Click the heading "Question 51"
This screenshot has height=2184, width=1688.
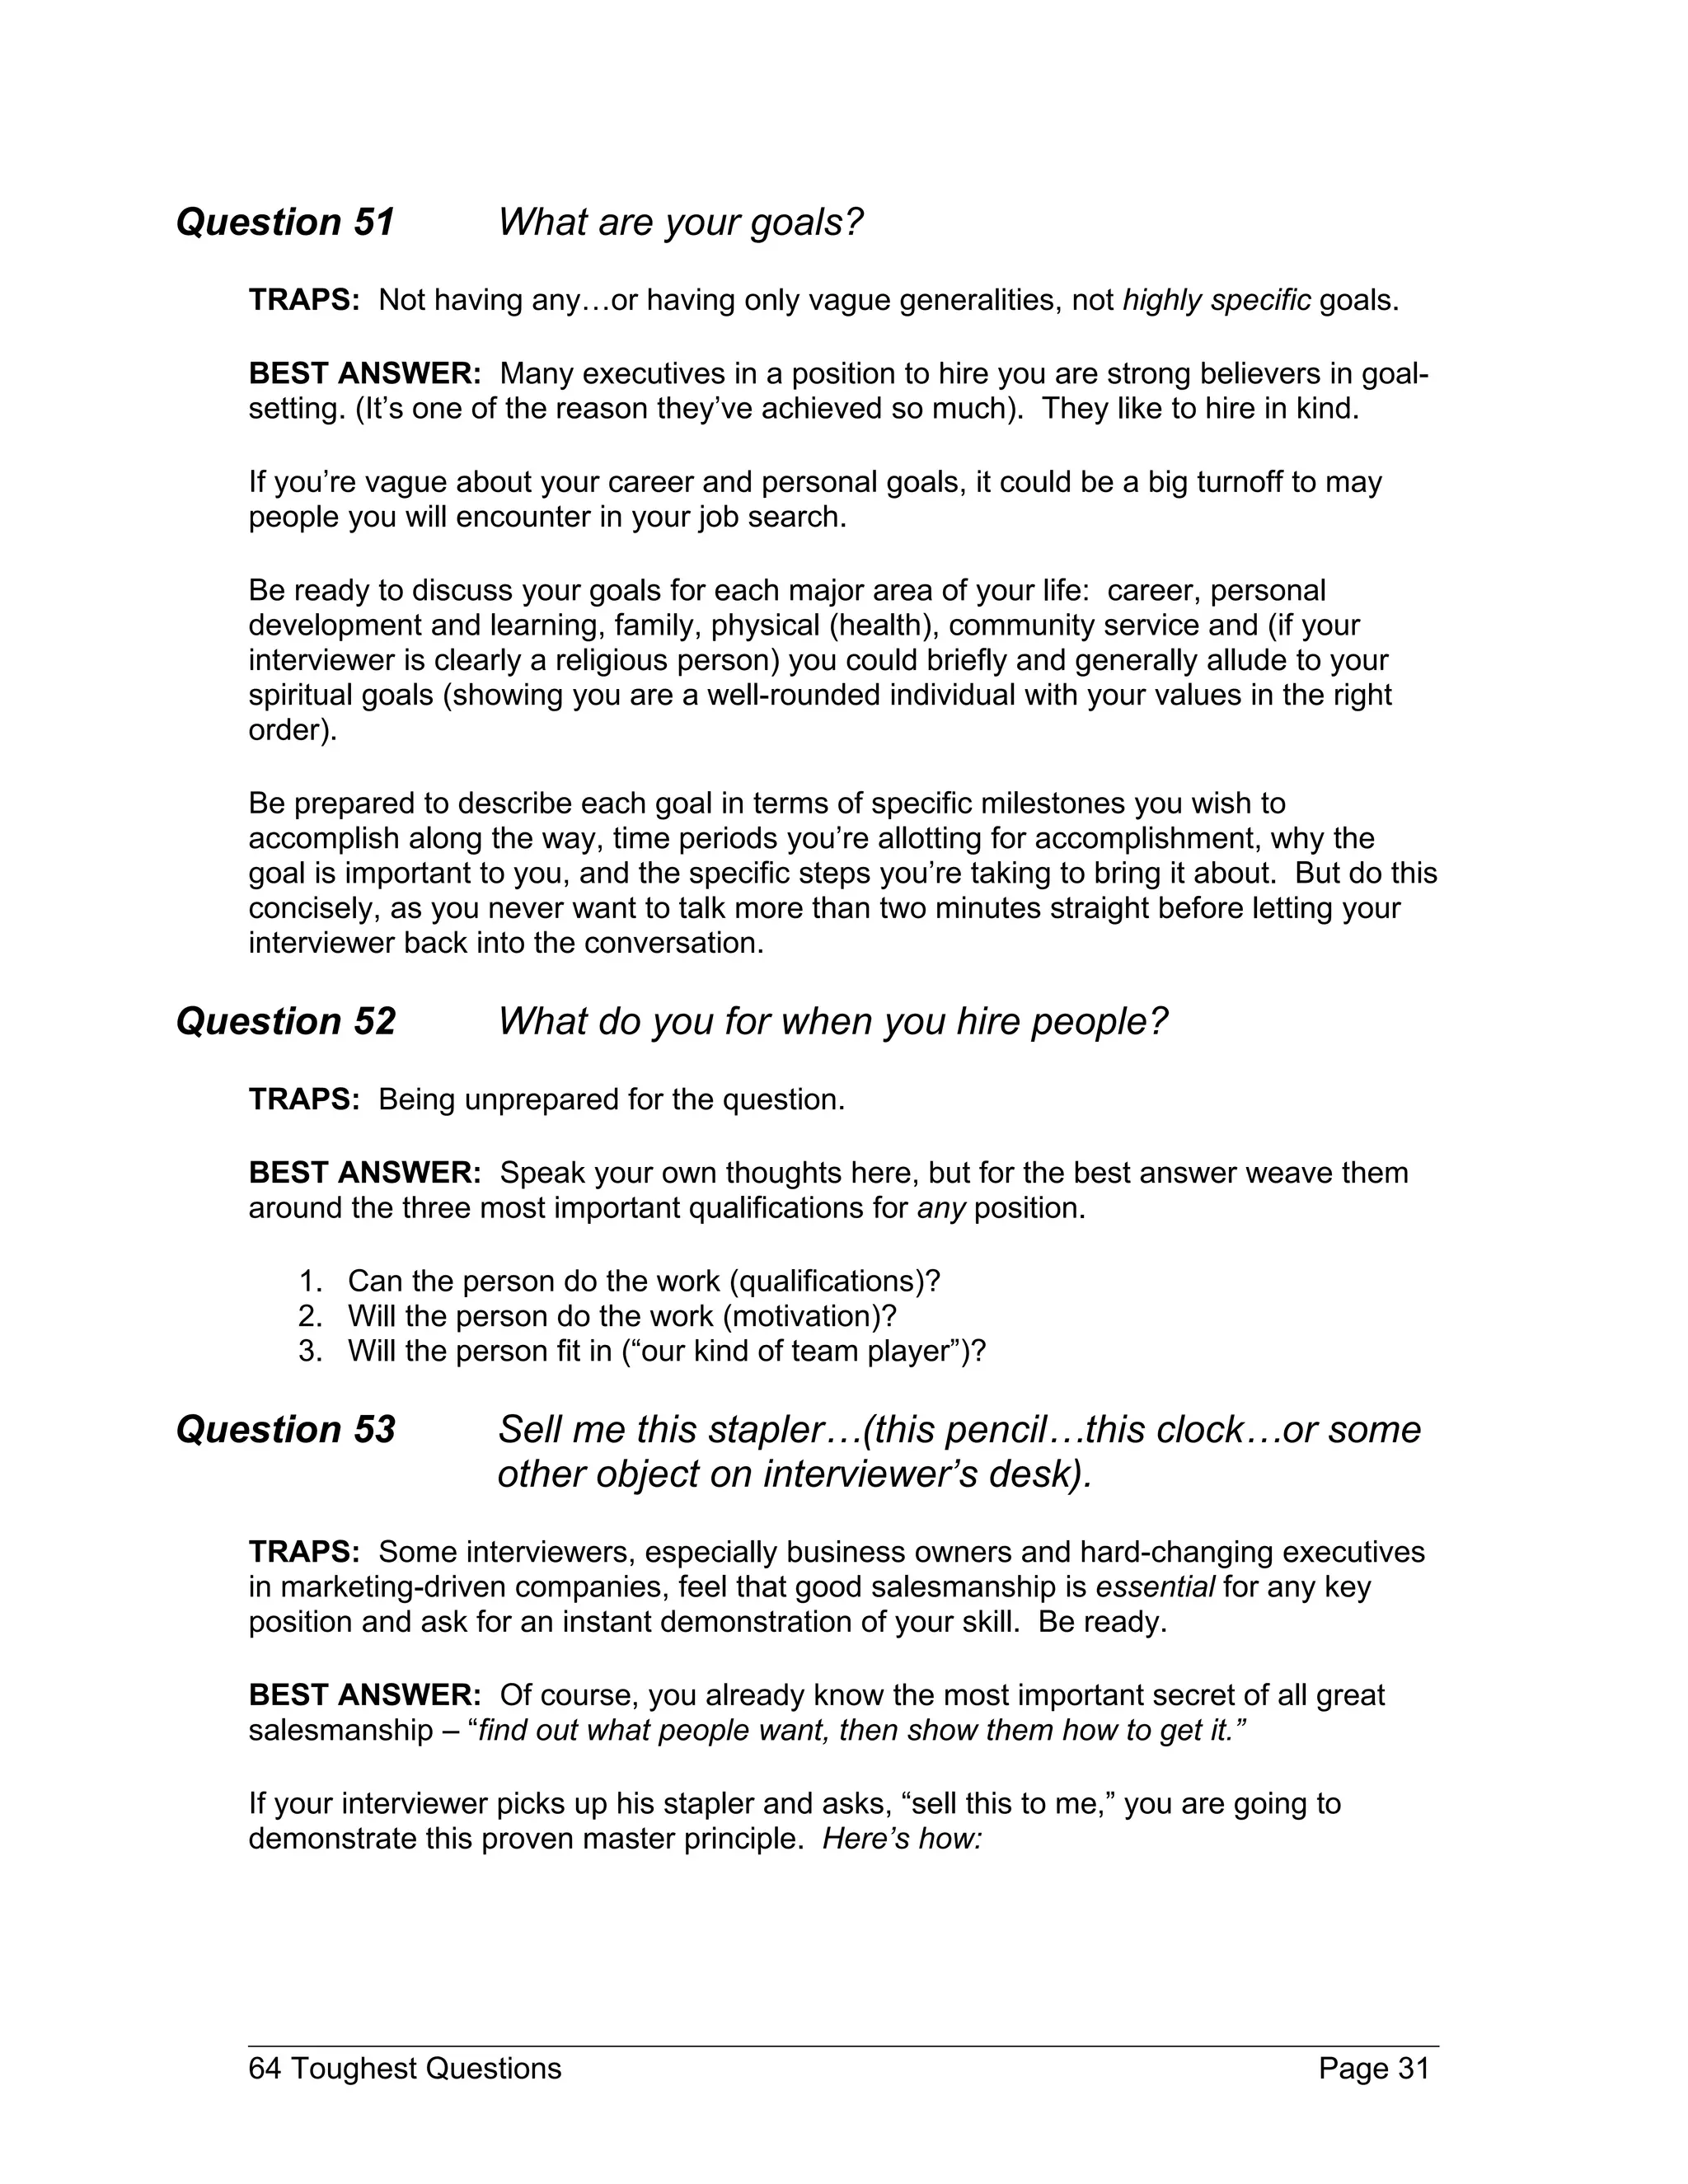[285, 222]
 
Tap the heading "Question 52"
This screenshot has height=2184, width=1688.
[285, 1021]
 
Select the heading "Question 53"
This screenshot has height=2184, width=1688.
[285, 1430]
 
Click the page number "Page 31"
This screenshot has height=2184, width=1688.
[1374, 2068]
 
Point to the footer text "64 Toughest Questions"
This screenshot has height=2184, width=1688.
[405, 2068]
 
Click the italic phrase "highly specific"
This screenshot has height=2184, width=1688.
[1216, 300]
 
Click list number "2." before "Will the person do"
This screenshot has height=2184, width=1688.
[310, 1316]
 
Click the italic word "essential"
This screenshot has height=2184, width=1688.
[1155, 1587]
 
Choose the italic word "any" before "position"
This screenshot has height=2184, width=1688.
[941, 1208]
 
